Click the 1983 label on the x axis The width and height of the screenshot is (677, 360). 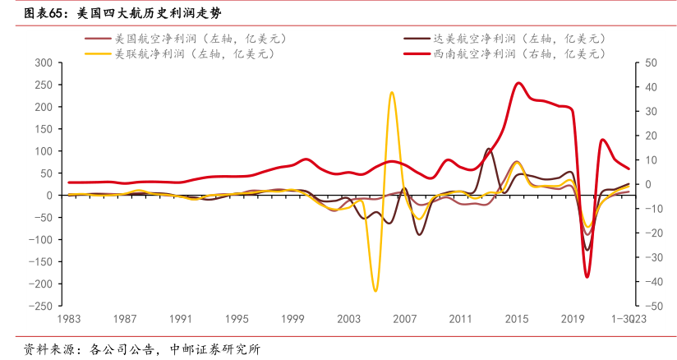[x=68, y=319]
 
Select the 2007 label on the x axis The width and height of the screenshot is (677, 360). [x=405, y=319]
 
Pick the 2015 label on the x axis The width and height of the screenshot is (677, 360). [x=517, y=319]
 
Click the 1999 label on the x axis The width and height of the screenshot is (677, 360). [x=292, y=319]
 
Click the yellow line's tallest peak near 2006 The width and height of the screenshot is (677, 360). [x=392, y=92]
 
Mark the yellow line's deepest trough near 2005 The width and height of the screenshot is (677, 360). [x=375, y=290]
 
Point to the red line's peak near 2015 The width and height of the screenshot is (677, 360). [x=518, y=83]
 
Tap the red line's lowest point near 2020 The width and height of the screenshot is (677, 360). [x=587, y=277]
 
